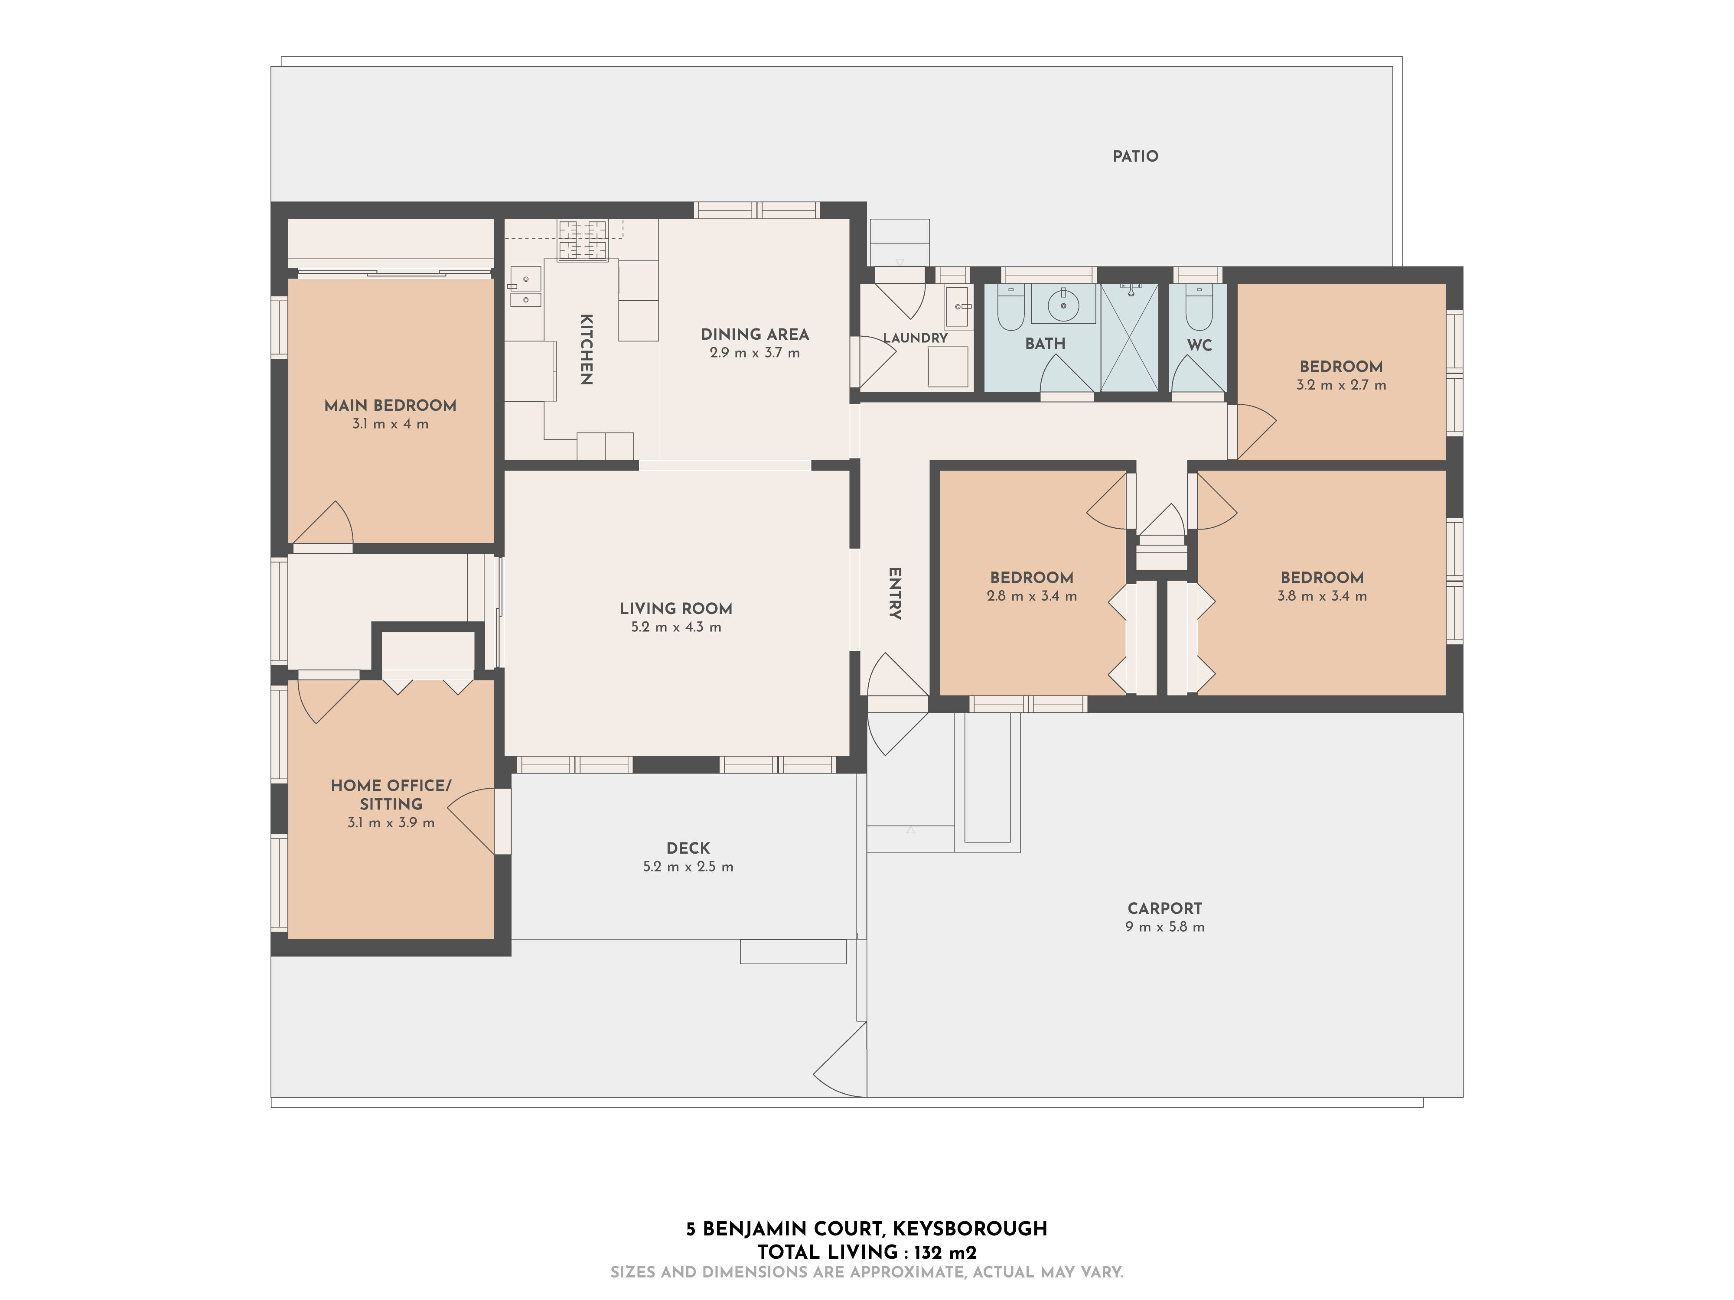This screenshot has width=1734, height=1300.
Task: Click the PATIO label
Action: [1135, 156]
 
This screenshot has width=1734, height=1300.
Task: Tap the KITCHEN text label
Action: [586, 350]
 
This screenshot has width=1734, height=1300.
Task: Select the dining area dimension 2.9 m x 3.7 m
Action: [754, 353]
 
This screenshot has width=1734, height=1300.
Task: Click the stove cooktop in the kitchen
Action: [583, 240]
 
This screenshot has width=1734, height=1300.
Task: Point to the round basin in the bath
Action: [1063, 304]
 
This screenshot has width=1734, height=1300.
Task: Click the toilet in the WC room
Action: [1199, 309]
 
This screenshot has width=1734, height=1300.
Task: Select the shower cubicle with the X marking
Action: [1129, 338]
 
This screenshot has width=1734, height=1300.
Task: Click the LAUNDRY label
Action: [915, 338]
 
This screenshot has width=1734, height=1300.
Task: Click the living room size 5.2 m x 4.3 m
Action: [676, 627]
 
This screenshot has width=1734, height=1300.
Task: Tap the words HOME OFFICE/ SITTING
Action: [391, 794]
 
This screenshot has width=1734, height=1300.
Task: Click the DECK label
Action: [688, 848]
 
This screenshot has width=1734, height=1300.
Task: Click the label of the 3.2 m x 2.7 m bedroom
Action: [1340, 366]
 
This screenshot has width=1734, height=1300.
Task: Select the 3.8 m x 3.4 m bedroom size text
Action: [1322, 595]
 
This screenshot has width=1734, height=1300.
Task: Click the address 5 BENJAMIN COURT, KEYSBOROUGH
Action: [866, 1228]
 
